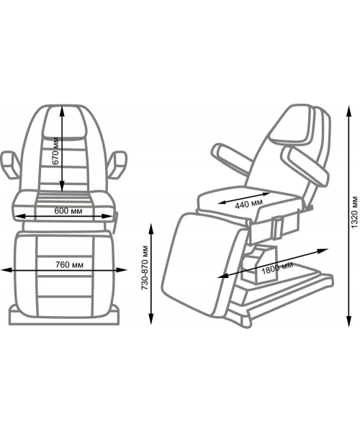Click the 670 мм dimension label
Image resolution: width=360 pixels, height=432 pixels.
click(55, 150)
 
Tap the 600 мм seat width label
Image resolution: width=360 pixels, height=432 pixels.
click(68, 211)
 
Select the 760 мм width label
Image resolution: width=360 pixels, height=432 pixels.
click(69, 265)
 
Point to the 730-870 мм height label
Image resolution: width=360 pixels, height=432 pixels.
click(145, 268)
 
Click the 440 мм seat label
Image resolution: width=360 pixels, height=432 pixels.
click(248, 204)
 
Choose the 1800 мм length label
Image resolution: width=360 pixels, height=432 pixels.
click(276, 268)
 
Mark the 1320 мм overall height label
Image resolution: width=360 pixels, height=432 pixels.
click(354, 212)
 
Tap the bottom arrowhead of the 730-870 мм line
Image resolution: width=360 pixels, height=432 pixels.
click(150, 320)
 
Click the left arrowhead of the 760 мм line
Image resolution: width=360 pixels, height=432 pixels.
click(5, 270)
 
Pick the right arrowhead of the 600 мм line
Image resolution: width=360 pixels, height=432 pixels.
click(108, 216)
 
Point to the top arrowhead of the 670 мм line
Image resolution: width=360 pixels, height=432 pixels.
click(62, 111)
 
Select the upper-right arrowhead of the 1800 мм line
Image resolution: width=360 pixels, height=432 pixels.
click(323, 251)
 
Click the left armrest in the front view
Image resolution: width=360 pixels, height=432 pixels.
click(10, 165)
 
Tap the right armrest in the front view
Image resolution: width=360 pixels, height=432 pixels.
click(117, 165)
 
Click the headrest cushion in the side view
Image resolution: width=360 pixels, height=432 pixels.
click(292, 125)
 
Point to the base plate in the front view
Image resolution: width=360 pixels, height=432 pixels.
click(64, 317)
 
